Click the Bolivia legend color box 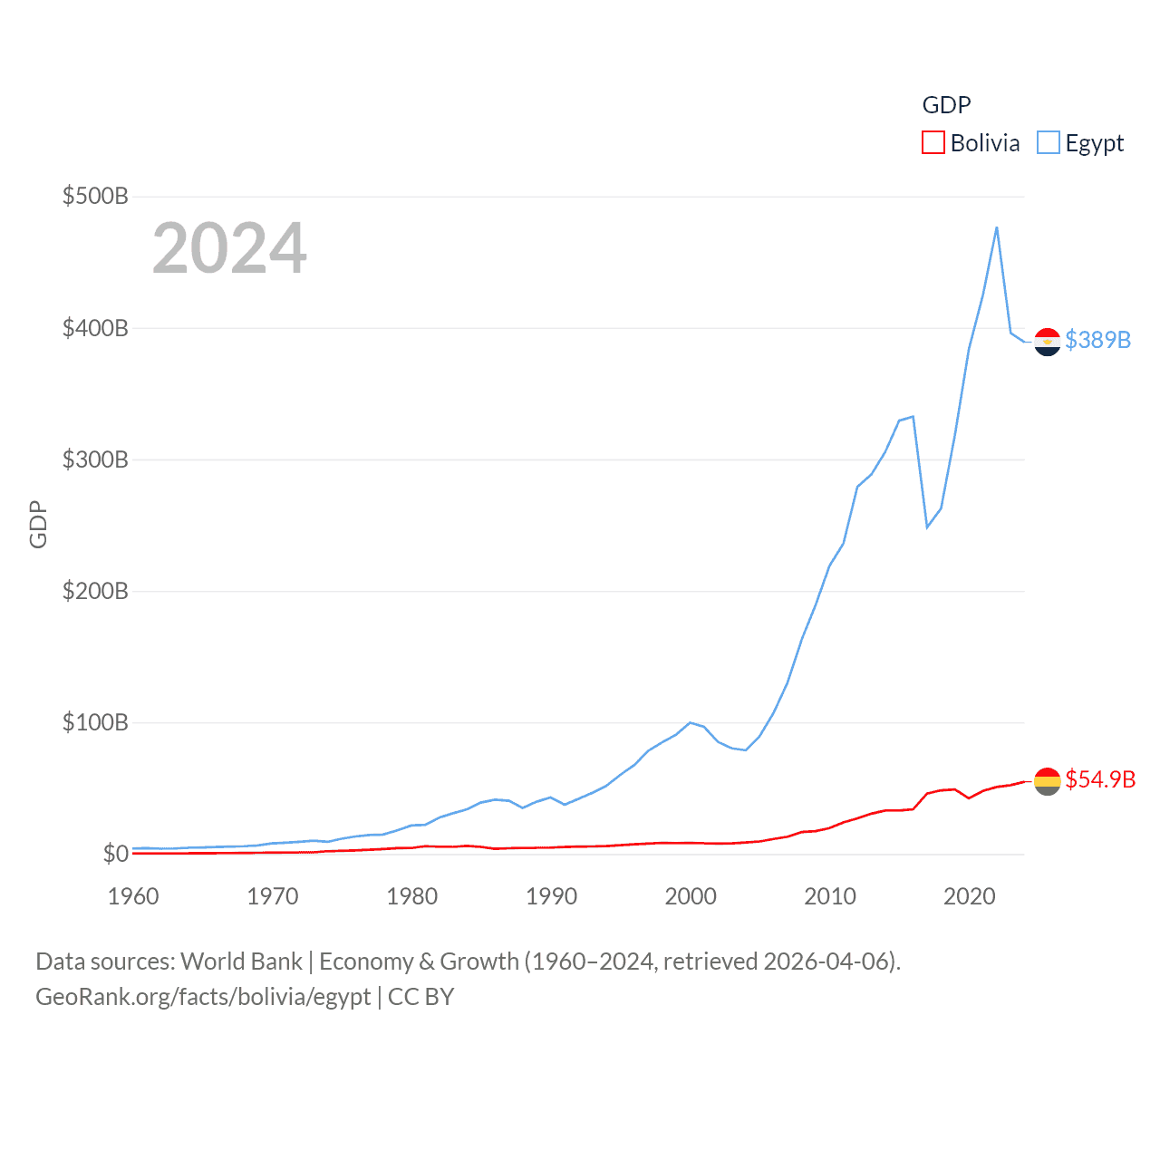[x=933, y=143]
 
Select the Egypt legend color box [x=1049, y=143]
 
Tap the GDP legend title [x=946, y=105]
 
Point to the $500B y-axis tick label [x=95, y=196]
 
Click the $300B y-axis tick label [x=95, y=459]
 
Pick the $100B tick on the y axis [x=95, y=722]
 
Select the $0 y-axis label [x=115, y=854]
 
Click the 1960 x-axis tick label [x=133, y=896]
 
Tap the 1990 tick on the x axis [x=551, y=896]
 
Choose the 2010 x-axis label [x=830, y=896]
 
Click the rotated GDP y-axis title [x=38, y=524]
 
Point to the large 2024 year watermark [x=229, y=248]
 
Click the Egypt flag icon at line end [x=1048, y=342]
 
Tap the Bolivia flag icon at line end [x=1048, y=781]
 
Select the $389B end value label [x=1098, y=340]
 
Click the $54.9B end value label [x=1100, y=779]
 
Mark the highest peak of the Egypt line [x=997, y=227]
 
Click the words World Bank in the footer [x=242, y=962]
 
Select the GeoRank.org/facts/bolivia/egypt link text [x=203, y=997]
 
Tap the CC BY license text [x=420, y=997]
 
